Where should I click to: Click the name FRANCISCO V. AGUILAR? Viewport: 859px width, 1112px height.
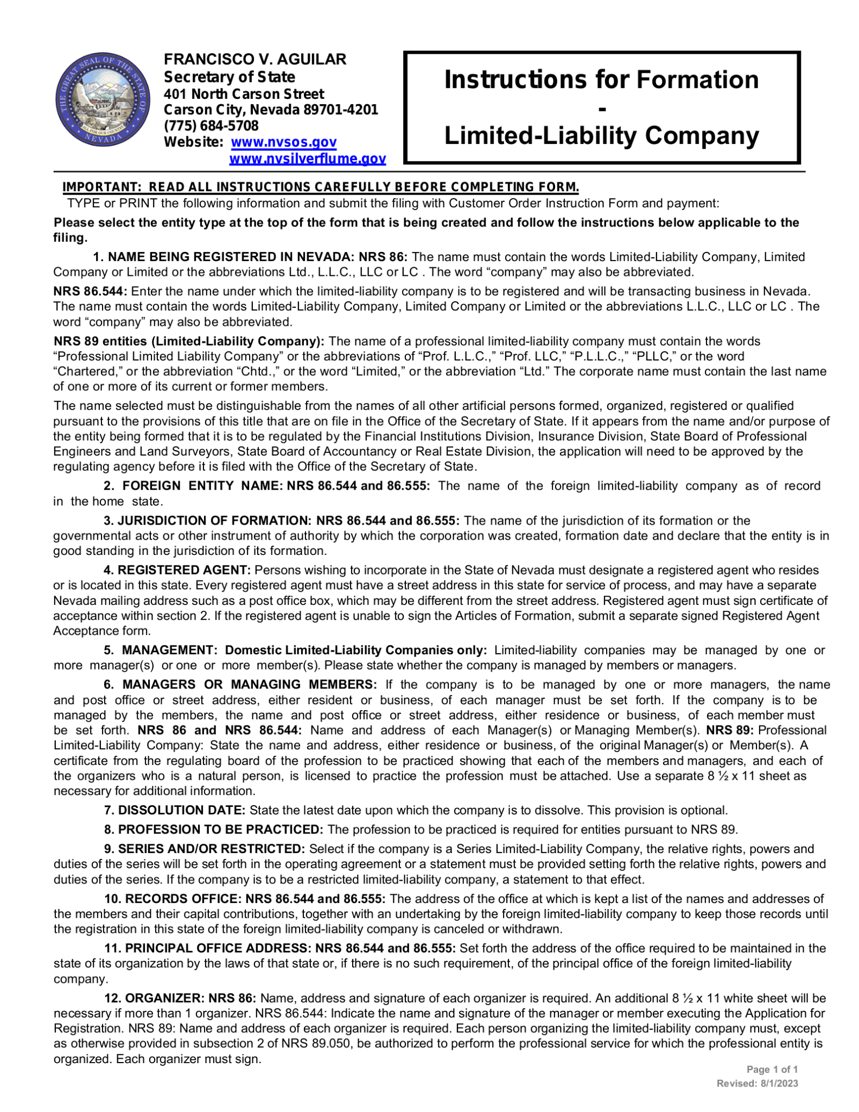[x=255, y=59]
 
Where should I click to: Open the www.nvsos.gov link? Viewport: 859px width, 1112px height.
[x=283, y=142]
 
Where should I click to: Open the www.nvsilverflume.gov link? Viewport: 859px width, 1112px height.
[x=307, y=159]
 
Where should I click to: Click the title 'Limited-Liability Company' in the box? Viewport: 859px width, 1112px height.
[x=601, y=136]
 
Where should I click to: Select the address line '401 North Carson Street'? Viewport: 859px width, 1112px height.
[x=244, y=93]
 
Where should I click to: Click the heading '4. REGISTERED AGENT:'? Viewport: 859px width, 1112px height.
[x=177, y=570]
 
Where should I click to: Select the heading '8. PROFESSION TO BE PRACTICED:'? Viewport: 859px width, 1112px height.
[x=214, y=829]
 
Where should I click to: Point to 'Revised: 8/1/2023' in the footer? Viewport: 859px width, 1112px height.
[x=757, y=1083]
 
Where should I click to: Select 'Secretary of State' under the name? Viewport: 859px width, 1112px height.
[x=230, y=77]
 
